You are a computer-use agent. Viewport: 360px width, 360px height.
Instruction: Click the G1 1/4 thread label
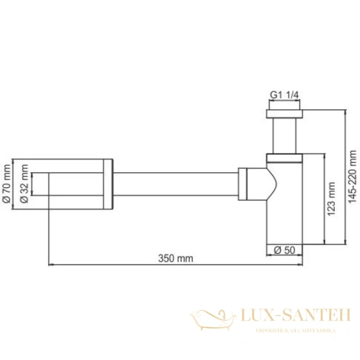click(x=284, y=95)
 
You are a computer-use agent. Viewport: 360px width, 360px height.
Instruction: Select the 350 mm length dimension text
click(x=175, y=258)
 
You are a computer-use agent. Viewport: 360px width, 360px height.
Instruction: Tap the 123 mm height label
click(x=331, y=199)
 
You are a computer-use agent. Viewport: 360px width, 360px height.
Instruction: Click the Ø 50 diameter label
click(x=284, y=250)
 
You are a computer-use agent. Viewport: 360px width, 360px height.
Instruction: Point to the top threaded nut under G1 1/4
click(x=284, y=113)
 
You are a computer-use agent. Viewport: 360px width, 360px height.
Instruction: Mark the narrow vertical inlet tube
click(x=284, y=136)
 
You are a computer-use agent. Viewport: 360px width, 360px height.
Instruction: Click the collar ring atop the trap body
click(x=284, y=158)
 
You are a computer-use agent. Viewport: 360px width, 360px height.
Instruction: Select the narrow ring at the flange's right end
click(x=108, y=184)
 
